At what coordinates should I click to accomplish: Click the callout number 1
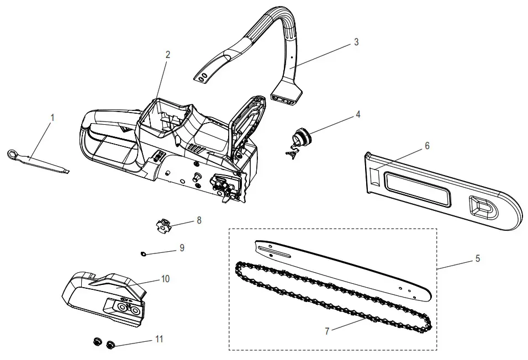click(x=52, y=118)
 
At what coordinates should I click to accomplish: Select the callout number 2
click(x=168, y=55)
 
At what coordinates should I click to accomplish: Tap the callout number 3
click(x=356, y=42)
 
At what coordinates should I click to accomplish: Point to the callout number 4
click(x=358, y=114)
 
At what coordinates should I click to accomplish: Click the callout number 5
click(x=478, y=258)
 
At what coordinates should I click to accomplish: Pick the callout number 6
click(x=426, y=146)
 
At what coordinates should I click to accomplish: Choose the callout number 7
click(x=327, y=331)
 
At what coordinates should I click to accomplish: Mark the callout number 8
click(x=199, y=220)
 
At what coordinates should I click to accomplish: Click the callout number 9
click(x=182, y=248)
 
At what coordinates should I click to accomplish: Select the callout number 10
click(x=165, y=279)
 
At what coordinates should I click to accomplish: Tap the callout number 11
click(x=159, y=338)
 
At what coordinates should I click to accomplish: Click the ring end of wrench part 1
click(x=13, y=154)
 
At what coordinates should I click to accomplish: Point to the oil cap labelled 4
click(x=302, y=136)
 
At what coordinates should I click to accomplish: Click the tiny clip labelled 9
click(x=142, y=253)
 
